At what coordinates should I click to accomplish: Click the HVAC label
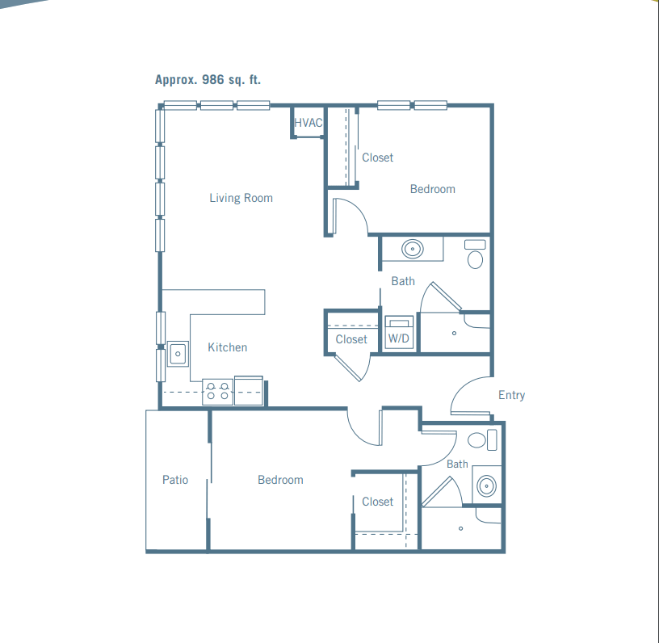tap(308, 123)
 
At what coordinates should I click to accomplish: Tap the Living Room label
tap(241, 198)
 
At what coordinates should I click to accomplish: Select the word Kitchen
tap(228, 347)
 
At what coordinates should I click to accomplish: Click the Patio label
tap(175, 480)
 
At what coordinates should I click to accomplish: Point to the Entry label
tap(511, 395)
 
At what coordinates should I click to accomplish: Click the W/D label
tap(398, 338)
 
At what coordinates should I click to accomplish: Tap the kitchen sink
tap(178, 354)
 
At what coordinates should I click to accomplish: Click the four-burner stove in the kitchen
tap(218, 392)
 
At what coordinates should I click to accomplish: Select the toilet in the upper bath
tap(475, 254)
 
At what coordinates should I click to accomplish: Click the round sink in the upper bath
tap(413, 249)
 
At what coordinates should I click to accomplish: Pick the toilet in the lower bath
tap(482, 440)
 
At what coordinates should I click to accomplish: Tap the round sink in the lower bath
tap(487, 485)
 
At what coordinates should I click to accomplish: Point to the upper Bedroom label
tap(433, 189)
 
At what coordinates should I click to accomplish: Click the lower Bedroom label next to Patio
tap(280, 480)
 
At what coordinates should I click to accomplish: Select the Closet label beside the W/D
tap(351, 339)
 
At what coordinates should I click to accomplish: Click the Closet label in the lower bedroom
tap(378, 502)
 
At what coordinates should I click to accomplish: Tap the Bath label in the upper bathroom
tap(403, 281)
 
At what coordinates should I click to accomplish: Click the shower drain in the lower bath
tap(460, 528)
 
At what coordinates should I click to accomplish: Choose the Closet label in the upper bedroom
tap(378, 158)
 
